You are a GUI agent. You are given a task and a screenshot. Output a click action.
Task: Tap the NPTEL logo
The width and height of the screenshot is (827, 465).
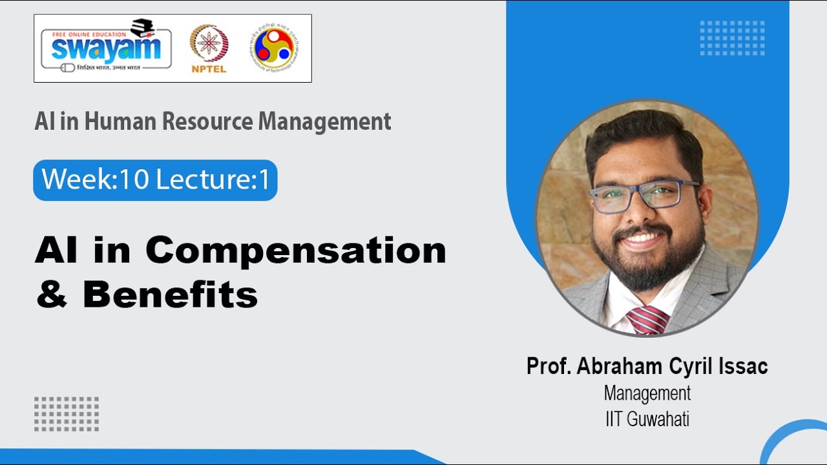209,48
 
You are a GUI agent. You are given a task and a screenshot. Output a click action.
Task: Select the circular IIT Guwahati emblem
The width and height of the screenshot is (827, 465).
275,48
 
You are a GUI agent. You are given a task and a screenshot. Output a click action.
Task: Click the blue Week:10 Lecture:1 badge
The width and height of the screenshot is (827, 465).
155,180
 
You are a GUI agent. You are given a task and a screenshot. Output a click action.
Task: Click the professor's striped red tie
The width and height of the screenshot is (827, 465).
648,320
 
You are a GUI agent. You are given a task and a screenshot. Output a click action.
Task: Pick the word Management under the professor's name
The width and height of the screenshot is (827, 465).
647,393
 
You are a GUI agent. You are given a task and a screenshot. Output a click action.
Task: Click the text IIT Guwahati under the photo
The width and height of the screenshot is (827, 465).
647,418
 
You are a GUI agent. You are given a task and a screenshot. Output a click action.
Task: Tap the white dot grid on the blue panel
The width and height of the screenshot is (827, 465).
732,38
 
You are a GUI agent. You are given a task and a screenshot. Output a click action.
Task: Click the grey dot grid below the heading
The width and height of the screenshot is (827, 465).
67,414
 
